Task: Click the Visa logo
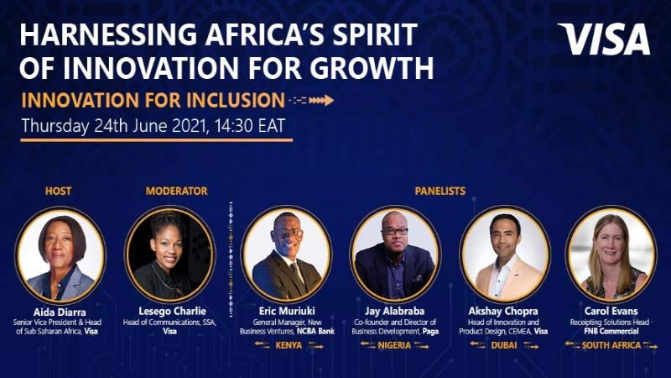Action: click(604, 39)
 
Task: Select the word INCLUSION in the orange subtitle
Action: click(236, 100)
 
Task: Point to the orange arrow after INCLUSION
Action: click(311, 100)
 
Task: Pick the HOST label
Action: click(58, 191)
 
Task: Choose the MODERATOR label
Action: click(176, 191)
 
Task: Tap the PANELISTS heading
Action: click(440, 191)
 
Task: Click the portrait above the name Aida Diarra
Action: click(60, 255)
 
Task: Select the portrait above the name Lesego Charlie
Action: click(170, 255)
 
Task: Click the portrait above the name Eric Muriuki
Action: click(286, 254)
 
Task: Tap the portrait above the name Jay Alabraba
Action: click(395, 254)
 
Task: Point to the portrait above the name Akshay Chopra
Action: click(505, 254)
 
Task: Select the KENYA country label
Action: click(289, 345)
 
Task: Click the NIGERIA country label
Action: click(394, 345)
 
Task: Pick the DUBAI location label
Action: click(504, 345)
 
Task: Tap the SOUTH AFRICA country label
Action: click(611, 345)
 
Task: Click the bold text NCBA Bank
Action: click(316, 331)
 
